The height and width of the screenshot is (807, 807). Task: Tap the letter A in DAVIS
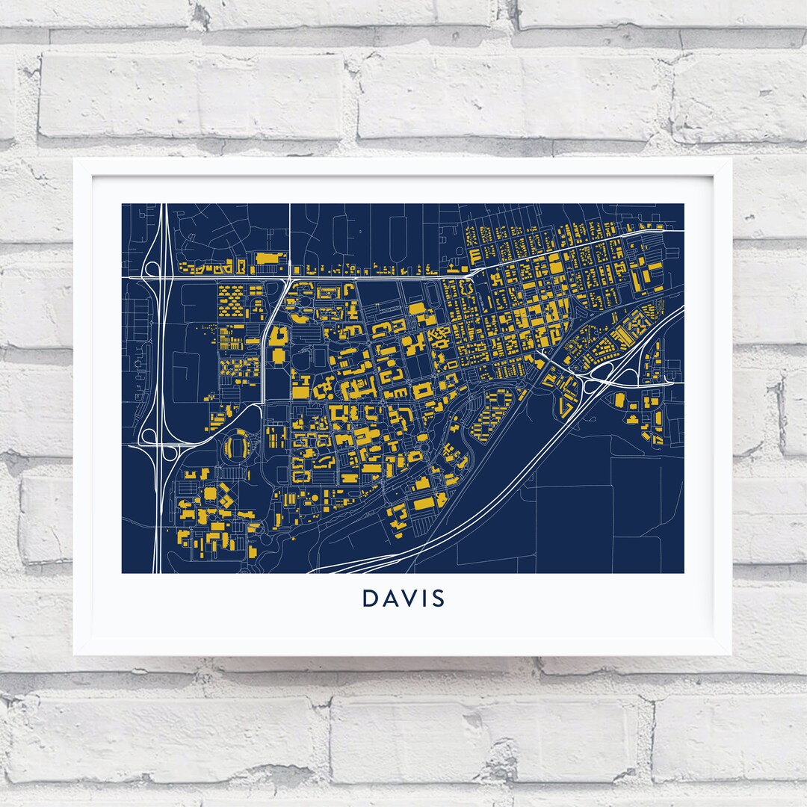391,599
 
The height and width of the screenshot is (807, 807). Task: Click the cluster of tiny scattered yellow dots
203,330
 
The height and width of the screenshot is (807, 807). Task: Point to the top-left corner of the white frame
75,159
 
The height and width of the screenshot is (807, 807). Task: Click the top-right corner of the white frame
732,159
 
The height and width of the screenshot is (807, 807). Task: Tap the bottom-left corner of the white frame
75,655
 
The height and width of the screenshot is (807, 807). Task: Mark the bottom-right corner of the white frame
732,655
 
